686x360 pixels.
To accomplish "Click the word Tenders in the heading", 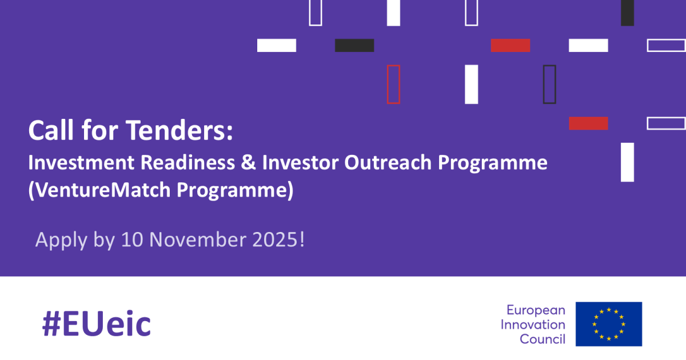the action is click(179, 130).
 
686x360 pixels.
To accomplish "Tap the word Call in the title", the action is click(51, 130).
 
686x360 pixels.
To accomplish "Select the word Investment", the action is click(81, 162).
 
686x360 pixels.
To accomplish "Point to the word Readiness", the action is click(188, 162).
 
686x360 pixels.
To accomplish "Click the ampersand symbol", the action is click(248, 162).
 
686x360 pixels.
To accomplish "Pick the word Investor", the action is click(300, 162).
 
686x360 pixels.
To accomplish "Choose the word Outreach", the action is click(388, 162).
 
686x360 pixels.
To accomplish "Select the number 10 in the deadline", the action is click(132, 239).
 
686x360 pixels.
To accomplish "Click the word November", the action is click(198, 239).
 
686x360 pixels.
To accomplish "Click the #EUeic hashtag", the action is click(97, 323).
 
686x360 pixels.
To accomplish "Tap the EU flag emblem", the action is click(609, 324).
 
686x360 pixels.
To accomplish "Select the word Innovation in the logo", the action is click(533, 325).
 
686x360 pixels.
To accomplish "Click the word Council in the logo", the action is click(543, 339).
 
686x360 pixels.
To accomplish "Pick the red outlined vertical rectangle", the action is click(388, 85).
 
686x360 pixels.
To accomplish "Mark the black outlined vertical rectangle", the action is click(544, 85).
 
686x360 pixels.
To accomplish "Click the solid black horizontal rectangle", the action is click(354, 45).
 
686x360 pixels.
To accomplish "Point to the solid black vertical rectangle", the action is click(628, 13).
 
